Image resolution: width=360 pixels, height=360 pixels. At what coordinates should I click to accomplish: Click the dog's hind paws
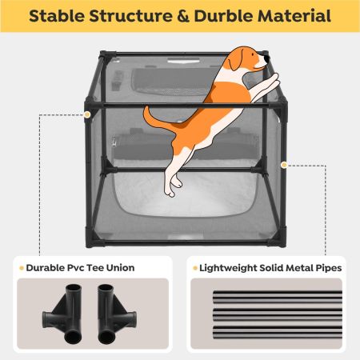click(170, 189)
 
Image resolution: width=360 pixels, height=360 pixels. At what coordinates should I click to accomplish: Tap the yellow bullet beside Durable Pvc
click(21, 267)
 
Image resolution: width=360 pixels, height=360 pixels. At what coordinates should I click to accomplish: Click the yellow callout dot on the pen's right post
click(284, 166)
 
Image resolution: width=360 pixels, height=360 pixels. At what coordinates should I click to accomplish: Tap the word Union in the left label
click(119, 267)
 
